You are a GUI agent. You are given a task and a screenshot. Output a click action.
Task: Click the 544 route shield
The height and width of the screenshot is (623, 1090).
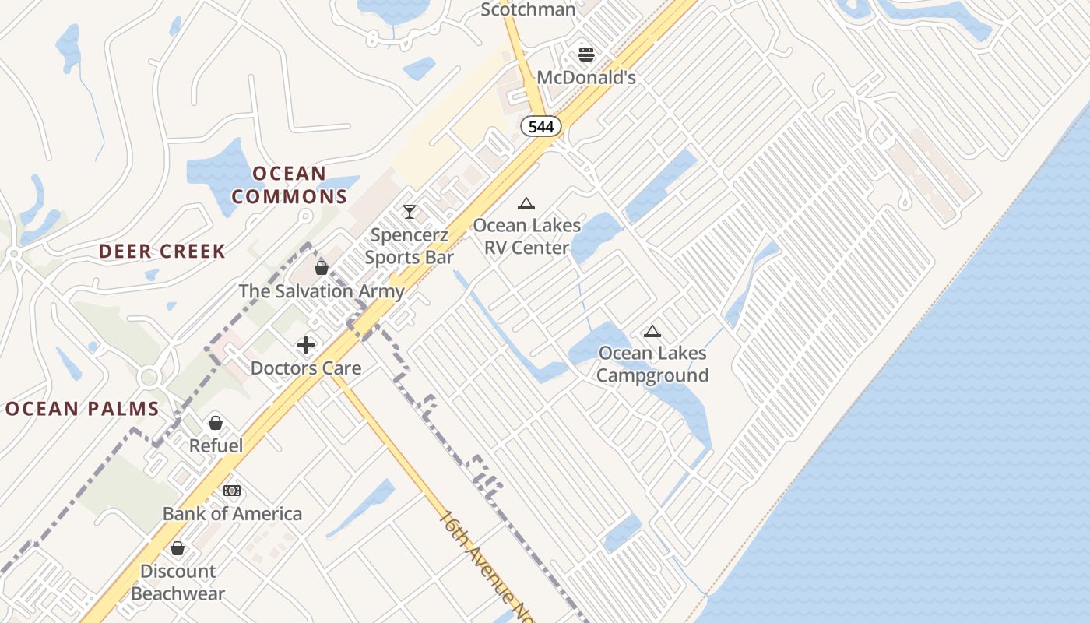click(x=540, y=126)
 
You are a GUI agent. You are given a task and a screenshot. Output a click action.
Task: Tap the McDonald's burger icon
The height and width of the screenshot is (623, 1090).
click(x=586, y=55)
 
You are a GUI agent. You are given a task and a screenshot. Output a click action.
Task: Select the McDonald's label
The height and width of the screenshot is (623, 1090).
click(x=586, y=77)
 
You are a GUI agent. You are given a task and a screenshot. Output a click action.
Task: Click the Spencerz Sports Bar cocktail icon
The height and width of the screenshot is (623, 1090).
click(x=409, y=211)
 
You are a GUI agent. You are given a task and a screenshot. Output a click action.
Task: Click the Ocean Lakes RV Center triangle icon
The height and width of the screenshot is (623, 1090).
click(x=526, y=204)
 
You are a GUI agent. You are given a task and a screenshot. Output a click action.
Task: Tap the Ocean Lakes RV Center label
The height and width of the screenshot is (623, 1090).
click(x=527, y=236)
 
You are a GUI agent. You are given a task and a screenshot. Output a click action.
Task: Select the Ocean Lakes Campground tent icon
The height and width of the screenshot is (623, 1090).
click(x=652, y=331)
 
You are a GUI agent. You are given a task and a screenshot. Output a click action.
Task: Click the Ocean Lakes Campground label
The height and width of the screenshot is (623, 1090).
click(x=652, y=364)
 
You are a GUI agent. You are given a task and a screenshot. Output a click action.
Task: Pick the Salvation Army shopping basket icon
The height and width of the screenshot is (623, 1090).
click(x=322, y=268)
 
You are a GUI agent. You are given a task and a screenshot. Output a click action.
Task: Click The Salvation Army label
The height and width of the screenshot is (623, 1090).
click(x=322, y=291)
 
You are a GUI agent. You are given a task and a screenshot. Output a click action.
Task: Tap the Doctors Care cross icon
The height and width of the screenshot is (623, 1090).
click(x=306, y=345)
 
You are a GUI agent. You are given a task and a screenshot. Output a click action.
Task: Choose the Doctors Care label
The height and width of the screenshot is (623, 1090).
click(x=306, y=368)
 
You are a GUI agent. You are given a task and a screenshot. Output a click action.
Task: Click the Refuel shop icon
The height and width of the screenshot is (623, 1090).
click(x=216, y=423)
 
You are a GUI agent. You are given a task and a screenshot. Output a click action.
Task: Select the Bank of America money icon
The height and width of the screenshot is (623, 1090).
click(x=232, y=491)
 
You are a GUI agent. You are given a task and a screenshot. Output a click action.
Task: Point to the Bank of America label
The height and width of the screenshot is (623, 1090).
click(x=232, y=513)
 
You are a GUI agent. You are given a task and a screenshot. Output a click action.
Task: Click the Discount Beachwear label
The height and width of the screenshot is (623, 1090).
click(x=178, y=582)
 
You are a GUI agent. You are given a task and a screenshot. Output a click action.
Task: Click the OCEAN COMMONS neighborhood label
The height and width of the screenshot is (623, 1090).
click(x=289, y=185)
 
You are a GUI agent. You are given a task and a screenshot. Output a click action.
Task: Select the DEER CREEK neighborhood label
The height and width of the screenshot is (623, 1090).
click(x=162, y=251)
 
